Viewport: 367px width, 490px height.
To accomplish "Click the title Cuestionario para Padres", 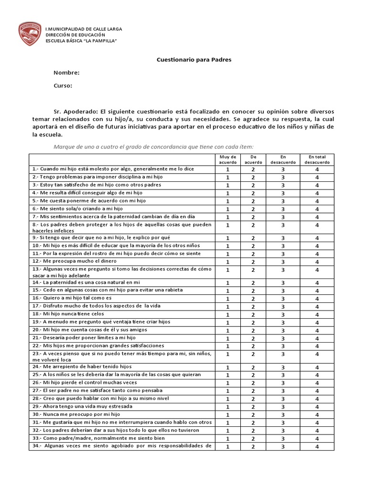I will [194, 60].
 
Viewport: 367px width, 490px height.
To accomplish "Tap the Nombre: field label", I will [66, 73].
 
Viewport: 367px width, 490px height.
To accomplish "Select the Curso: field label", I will [63, 86].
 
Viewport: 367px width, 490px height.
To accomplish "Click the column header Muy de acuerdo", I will [227, 159].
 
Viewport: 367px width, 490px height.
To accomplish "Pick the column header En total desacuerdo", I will [317, 159].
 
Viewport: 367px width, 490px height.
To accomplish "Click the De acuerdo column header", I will [253, 159].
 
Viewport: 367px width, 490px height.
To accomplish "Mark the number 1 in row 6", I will [227, 209].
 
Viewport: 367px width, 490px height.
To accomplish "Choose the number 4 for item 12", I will [317, 262].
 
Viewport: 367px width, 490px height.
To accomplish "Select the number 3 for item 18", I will [283, 314].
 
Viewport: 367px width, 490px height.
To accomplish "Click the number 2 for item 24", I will [253, 367].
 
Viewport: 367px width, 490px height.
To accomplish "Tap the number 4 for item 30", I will [317, 415].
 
